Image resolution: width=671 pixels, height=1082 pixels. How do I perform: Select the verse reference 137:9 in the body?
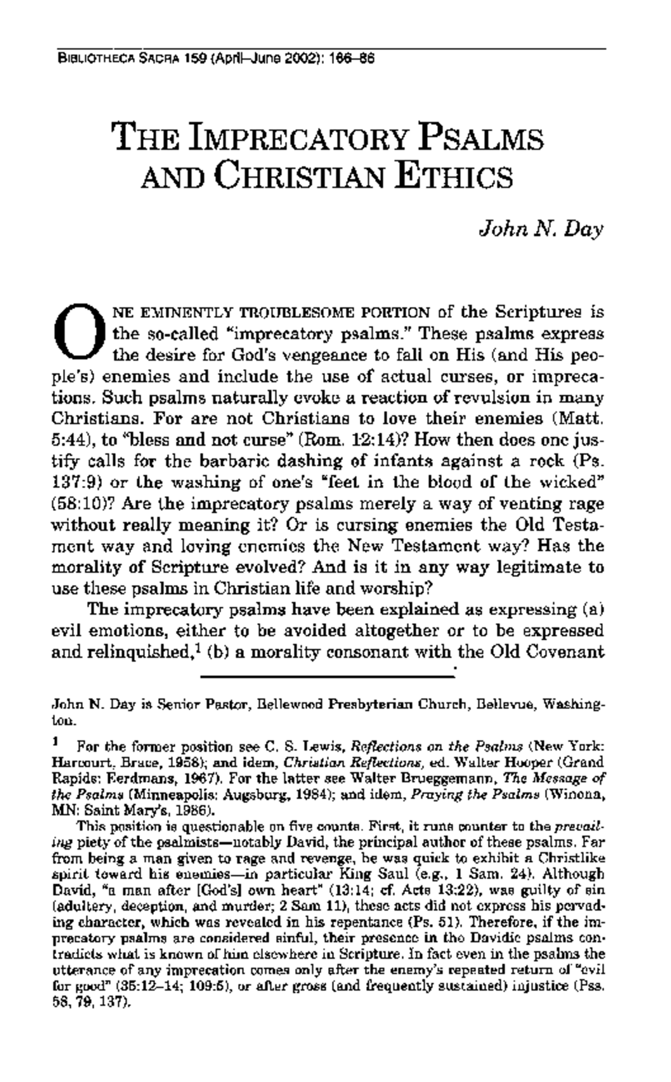pyautogui.click(x=72, y=483)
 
